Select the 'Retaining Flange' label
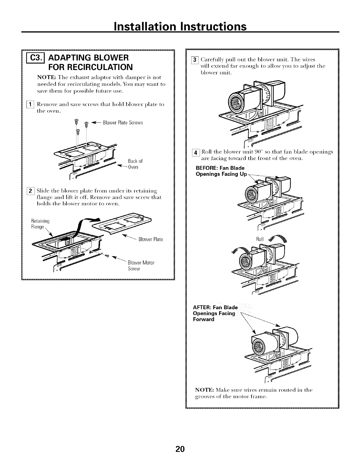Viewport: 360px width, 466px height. point(41,224)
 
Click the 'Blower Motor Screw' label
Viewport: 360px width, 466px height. point(141,266)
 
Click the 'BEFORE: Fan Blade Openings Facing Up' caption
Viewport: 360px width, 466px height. point(221,171)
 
